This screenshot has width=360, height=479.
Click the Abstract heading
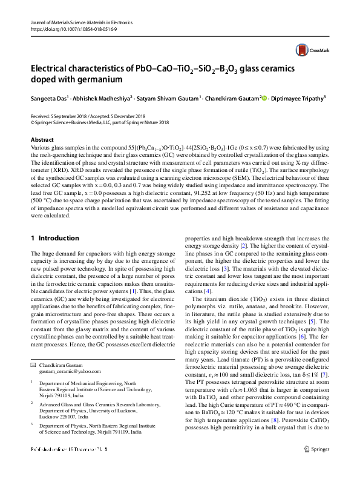[42, 140]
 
